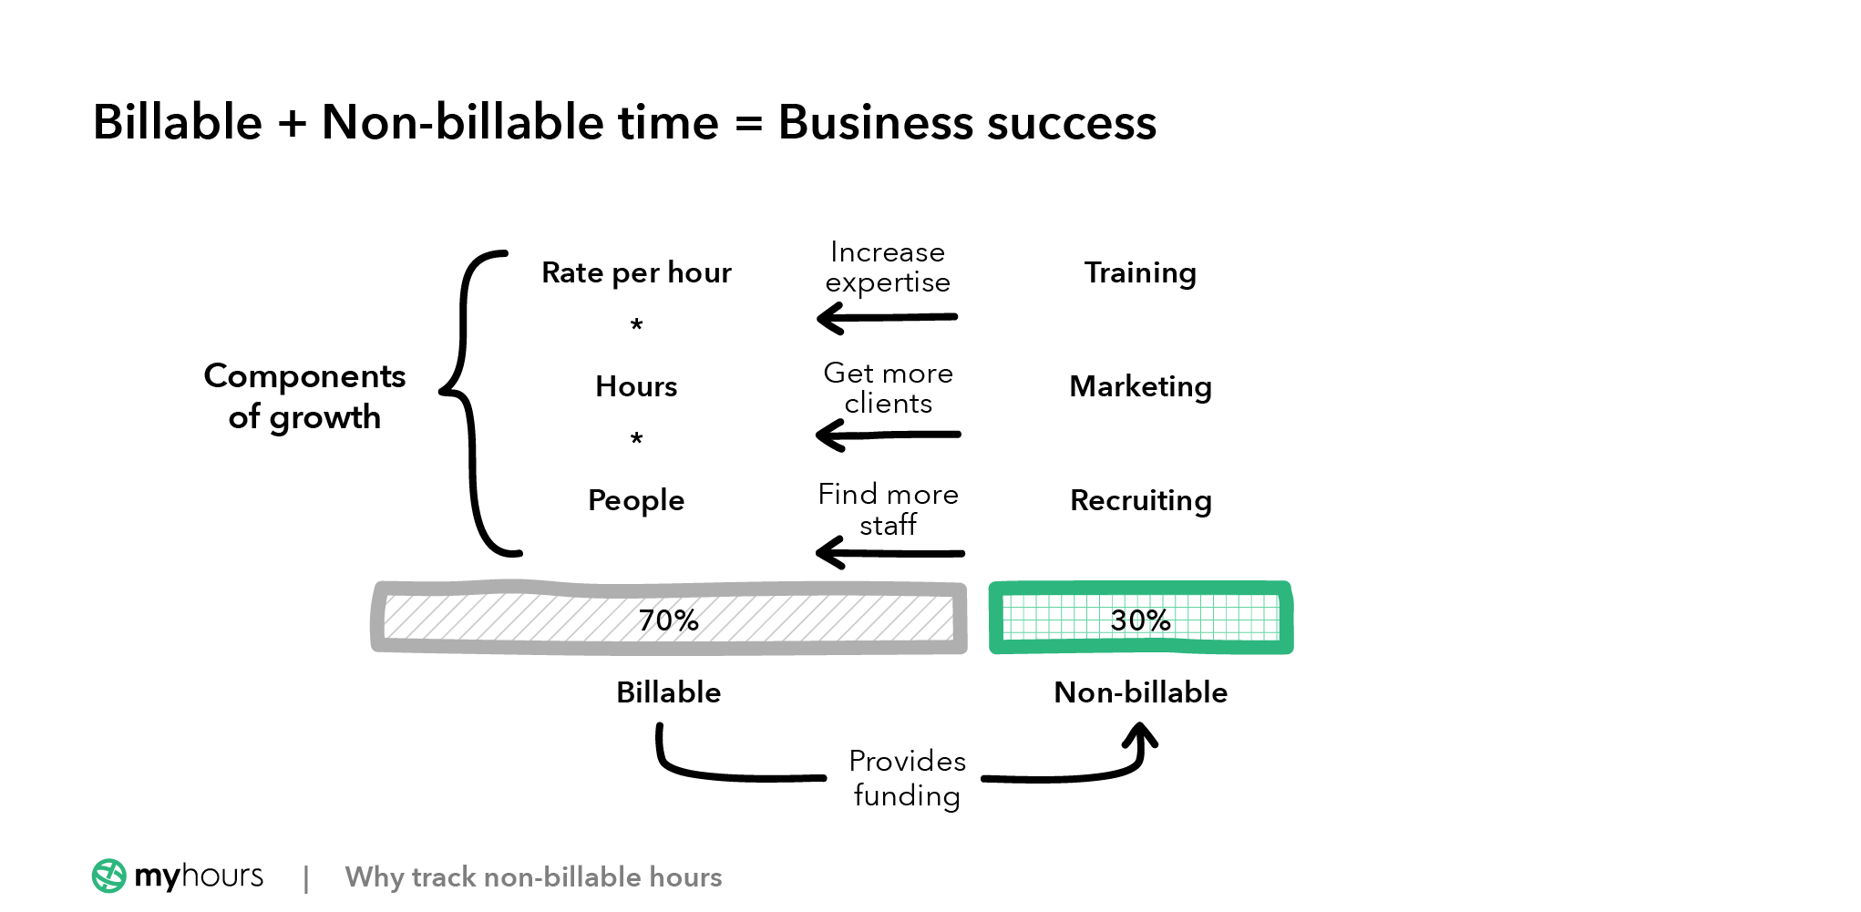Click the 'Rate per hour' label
click(x=636, y=272)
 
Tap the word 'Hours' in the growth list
click(x=636, y=386)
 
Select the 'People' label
click(x=636, y=500)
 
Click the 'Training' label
click(x=1140, y=272)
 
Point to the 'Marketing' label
click(x=1140, y=386)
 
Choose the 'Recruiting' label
click(x=1140, y=500)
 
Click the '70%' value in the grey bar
click(x=668, y=620)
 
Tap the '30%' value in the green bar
click(x=1140, y=620)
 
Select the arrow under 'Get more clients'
click(x=888, y=435)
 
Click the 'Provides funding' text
click(x=907, y=778)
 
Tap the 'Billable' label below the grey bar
click(x=668, y=692)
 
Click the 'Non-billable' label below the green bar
click(x=1140, y=692)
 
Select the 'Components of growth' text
click(x=304, y=396)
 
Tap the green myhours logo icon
click(x=109, y=876)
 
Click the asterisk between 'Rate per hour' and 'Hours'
click(x=636, y=325)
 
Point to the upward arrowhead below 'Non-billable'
click(x=1140, y=735)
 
